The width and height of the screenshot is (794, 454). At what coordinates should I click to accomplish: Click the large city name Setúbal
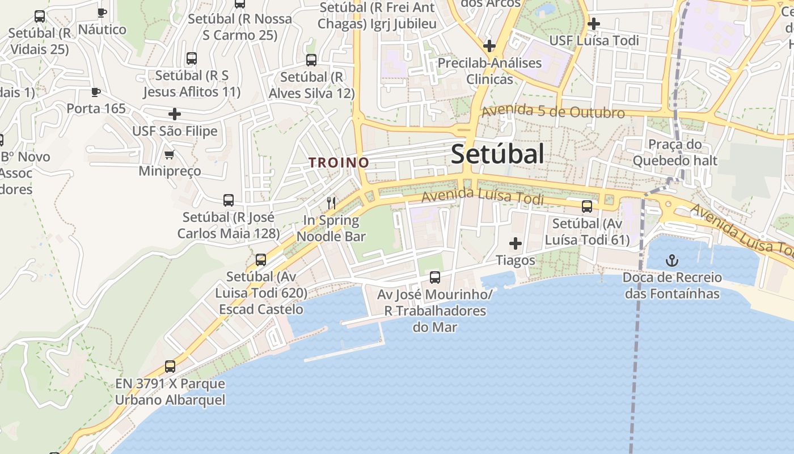pos(497,154)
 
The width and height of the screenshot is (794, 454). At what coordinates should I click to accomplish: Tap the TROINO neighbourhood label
pos(339,163)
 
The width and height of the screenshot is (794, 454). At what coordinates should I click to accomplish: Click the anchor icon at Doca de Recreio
pos(672,260)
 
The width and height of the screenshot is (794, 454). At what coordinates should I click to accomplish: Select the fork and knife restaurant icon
pos(331,203)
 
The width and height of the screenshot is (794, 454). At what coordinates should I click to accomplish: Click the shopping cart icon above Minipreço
pos(169,154)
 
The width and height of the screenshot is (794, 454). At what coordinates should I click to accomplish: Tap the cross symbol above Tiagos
pos(516,244)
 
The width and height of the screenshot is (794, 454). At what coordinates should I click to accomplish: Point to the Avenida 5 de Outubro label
pos(553,112)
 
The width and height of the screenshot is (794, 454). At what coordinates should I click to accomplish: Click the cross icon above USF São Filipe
pos(175,114)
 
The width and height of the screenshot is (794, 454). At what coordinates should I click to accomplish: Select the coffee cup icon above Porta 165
pos(96,92)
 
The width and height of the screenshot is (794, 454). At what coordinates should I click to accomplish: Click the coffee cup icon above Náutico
pos(102,12)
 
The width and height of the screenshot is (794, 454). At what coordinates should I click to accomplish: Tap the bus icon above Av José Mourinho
pos(435,278)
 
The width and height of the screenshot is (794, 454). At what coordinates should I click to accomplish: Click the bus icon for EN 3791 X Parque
pos(170,367)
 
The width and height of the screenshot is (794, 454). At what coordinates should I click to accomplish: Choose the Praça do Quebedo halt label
pos(675,153)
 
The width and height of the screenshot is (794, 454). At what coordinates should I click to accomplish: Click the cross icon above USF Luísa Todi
pos(594,24)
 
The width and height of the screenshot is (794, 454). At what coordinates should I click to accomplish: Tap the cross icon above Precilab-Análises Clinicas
pos(489,46)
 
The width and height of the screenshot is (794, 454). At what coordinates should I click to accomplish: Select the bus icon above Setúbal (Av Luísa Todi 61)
pos(587,207)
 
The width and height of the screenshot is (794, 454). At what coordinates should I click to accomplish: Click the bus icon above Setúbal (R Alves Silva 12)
pos(311,60)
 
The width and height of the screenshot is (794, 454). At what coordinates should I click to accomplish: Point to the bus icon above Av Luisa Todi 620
pos(261,260)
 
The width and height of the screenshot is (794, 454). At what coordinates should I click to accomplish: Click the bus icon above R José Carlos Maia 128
pos(229,200)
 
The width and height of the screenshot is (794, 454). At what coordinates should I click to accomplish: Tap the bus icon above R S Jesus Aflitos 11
pos(192,58)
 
